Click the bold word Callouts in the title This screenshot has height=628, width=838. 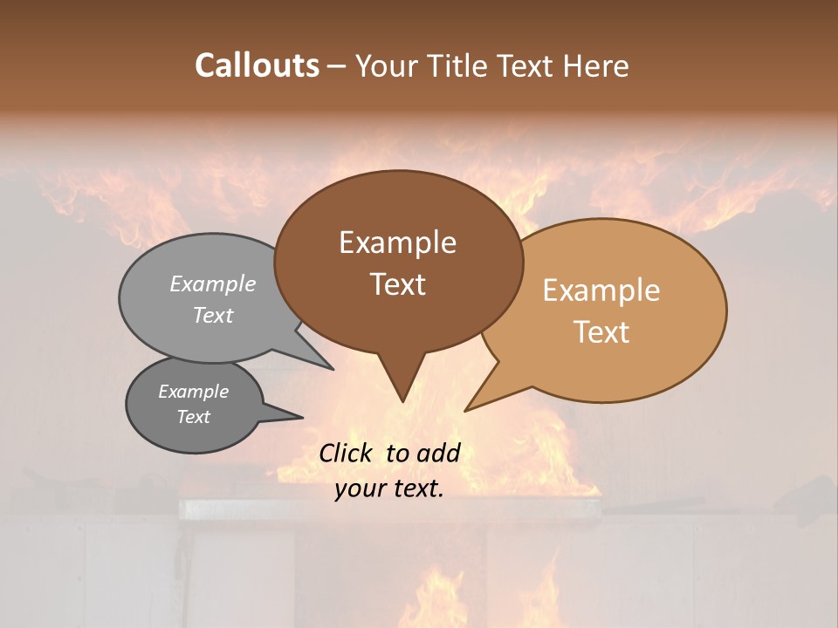(x=257, y=65)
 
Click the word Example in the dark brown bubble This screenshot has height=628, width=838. (x=397, y=242)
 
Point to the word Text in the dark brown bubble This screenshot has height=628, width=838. (x=397, y=284)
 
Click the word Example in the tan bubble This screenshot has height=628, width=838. (x=601, y=290)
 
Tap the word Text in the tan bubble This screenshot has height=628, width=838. (x=601, y=332)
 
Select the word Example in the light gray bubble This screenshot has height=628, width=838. (x=213, y=283)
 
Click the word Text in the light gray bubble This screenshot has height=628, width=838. (x=213, y=315)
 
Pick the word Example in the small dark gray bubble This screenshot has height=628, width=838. (x=194, y=392)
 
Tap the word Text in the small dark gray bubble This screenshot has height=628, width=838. (x=194, y=417)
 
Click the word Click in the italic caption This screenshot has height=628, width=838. (x=347, y=453)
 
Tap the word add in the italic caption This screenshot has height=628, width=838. (x=438, y=453)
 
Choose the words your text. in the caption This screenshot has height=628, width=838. (x=389, y=488)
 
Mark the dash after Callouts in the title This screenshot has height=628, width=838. (x=338, y=66)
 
